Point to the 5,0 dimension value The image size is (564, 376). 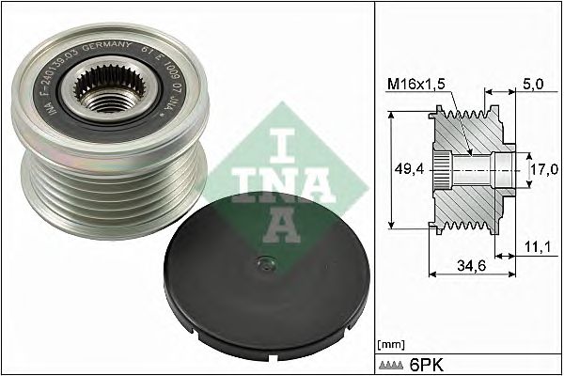click(533, 84)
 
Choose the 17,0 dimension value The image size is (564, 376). click(542, 171)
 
